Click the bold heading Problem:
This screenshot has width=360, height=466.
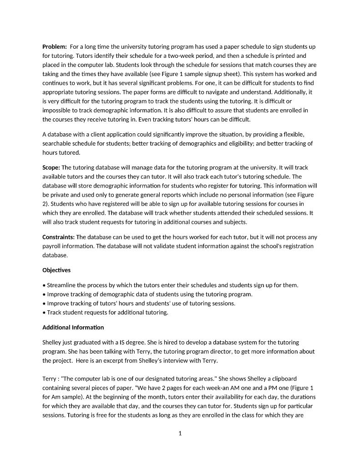pos(55,47)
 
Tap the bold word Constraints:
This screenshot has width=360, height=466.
pos(58,237)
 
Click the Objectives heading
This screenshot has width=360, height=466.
pos(56,270)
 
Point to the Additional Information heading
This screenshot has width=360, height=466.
pos(73,328)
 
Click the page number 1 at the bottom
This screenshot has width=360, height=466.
pos(180,434)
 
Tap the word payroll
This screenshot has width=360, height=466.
pos(52,246)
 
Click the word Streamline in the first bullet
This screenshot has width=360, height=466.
pos(62,285)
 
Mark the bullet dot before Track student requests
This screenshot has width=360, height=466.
pos(44,313)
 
